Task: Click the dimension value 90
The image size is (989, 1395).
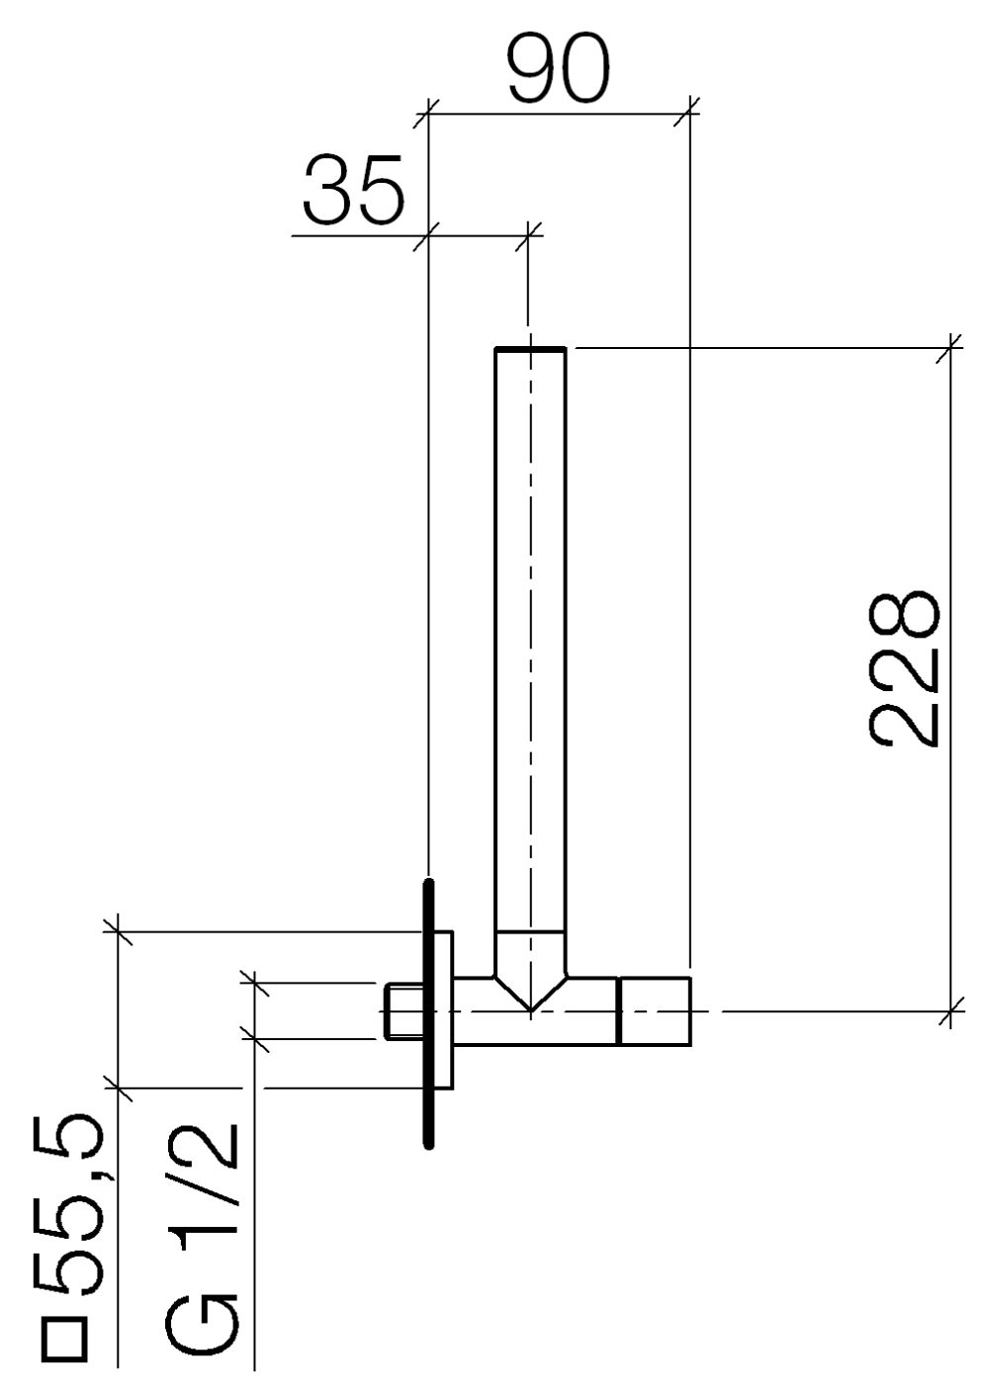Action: (559, 71)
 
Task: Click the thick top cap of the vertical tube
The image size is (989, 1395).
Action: (530, 349)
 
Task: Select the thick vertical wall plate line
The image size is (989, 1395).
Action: (428, 1012)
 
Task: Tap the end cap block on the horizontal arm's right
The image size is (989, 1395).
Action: (653, 1011)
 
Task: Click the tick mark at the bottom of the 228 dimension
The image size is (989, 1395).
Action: (950, 1011)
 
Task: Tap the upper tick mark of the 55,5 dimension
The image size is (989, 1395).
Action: (118, 930)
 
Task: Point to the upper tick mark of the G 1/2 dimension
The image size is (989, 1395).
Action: (254, 983)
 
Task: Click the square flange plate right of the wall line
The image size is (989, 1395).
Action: (444, 1010)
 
